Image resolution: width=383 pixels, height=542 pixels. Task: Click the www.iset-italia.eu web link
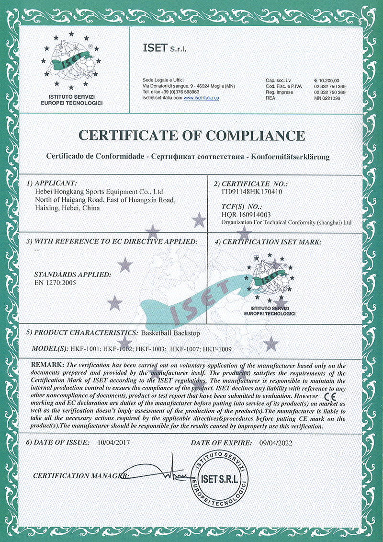pyautogui.click(x=202, y=98)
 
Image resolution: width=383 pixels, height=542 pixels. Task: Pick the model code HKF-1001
pyautogui.click(x=85, y=349)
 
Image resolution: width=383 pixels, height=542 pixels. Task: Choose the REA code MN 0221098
pyautogui.click(x=327, y=98)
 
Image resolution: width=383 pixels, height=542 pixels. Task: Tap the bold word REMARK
pyautogui.click(x=46, y=366)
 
